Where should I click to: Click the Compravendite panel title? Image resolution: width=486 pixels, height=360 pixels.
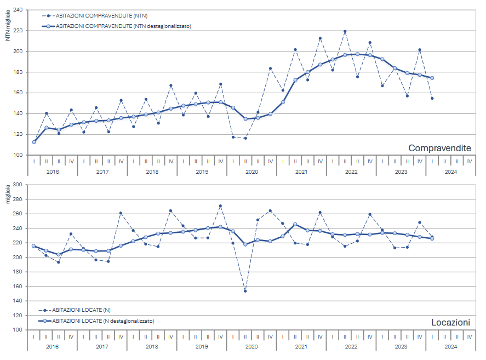(x=439, y=148)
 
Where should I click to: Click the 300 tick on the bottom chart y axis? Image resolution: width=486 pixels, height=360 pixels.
(x=16, y=185)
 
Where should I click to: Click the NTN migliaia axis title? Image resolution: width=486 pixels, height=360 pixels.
(x=7, y=28)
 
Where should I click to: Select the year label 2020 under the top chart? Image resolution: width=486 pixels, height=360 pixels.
(x=251, y=172)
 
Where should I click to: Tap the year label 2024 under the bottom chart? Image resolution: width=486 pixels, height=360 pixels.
(x=450, y=346)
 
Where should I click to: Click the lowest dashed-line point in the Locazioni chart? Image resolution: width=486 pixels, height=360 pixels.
(x=245, y=291)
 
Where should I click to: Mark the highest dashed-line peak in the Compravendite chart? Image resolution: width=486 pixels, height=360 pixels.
(x=345, y=31)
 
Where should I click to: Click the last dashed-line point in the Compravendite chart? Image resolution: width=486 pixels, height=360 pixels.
(x=432, y=98)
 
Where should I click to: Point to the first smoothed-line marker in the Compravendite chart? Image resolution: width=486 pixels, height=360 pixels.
(x=34, y=142)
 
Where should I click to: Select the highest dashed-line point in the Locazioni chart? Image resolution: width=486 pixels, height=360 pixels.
(x=220, y=206)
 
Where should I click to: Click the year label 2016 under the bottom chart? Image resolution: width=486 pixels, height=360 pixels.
(x=53, y=346)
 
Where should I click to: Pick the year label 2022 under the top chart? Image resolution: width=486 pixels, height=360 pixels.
(x=351, y=172)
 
